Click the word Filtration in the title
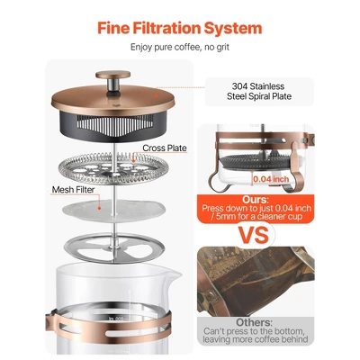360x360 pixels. [166, 28]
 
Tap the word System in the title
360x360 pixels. [233, 29]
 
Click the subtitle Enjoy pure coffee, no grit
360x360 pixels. [180, 47]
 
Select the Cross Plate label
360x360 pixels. [165, 148]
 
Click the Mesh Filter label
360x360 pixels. [73, 190]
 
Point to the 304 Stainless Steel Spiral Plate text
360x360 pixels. [259, 91]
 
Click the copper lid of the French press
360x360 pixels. [112, 97]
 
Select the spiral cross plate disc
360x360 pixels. [112, 168]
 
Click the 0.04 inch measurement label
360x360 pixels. [271, 179]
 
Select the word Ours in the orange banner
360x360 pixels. [255, 200]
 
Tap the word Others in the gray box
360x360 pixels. [255, 322]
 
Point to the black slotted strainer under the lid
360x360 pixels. [113, 125]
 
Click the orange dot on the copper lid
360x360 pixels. [156, 95]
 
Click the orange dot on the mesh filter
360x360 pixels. [100, 207]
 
